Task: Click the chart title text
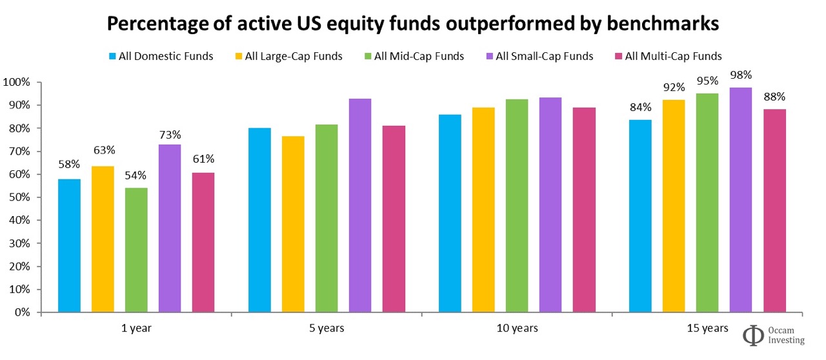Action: pos(412,24)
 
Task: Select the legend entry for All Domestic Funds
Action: pos(161,56)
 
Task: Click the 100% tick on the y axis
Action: pos(17,83)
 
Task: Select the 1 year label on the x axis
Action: pos(136,328)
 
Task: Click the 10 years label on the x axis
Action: pos(517,328)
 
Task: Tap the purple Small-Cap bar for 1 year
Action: pos(170,228)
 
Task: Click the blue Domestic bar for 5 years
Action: pos(259,220)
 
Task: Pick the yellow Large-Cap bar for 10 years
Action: pos(483,210)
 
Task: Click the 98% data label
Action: pos(741,75)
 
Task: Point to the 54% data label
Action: pos(136,175)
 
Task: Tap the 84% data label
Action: pos(640,107)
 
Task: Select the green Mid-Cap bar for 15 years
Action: pos(707,203)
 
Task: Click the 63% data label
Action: pos(103,150)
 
